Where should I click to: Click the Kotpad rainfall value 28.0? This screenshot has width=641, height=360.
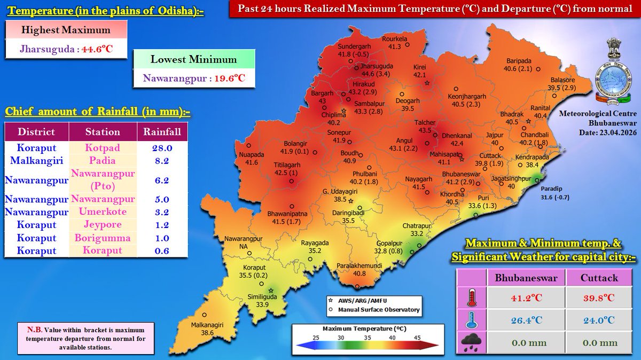[x=162, y=147]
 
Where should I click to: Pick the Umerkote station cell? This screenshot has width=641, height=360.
[x=101, y=212]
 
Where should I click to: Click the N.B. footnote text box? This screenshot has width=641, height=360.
[x=79, y=337]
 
